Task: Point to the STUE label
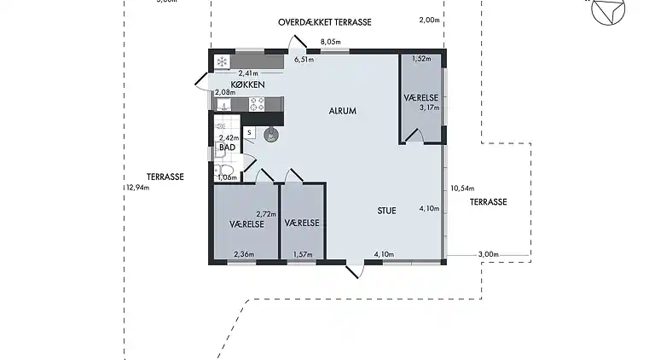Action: point(387,210)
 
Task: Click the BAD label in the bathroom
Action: point(227,148)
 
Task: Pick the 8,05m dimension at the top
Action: point(330,42)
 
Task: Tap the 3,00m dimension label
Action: point(488,254)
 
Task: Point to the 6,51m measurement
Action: point(304,61)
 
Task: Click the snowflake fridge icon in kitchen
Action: point(222,62)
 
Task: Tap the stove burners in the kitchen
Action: point(256,104)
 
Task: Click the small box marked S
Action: point(249,132)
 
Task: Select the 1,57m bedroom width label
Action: point(303,253)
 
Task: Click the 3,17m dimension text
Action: point(428,107)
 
